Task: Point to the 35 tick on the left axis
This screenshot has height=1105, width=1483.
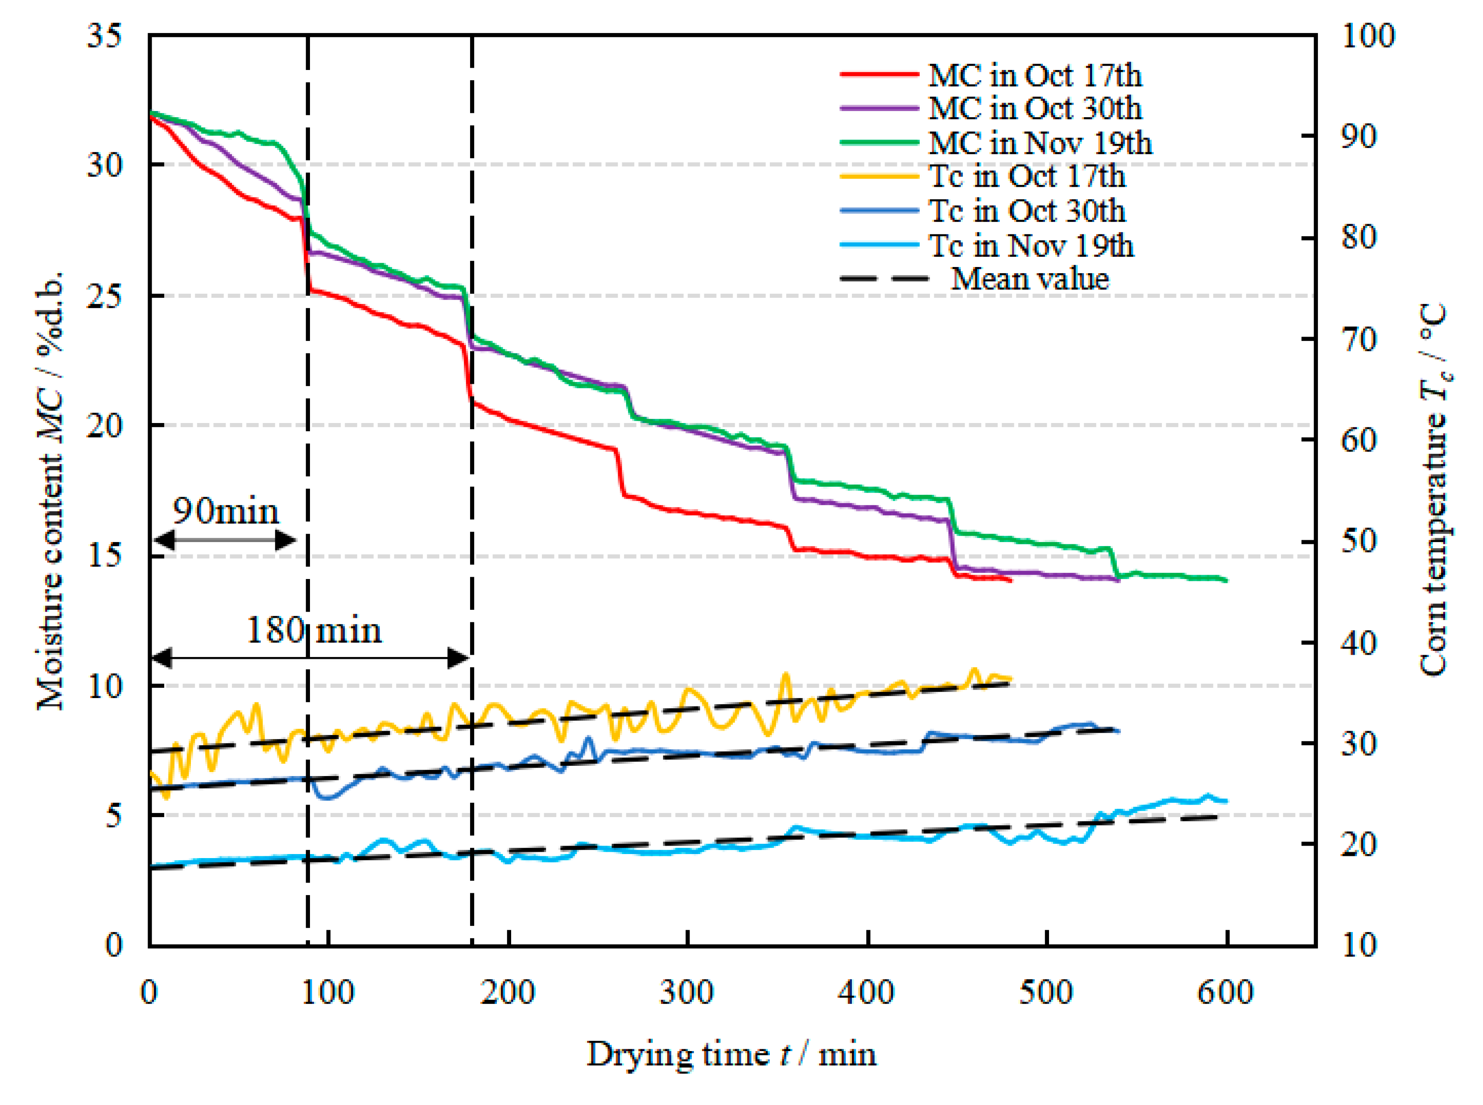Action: pyautogui.click(x=105, y=36)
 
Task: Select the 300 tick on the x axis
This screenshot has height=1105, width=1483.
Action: pyautogui.click(x=687, y=993)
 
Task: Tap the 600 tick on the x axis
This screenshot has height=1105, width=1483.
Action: pyautogui.click(x=1226, y=993)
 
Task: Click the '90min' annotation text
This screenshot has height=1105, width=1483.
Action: pyautogui.click(x=226, y=512)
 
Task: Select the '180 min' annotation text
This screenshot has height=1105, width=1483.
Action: pyautogui.click(x=314, y=630)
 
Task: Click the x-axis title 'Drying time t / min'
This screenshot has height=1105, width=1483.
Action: pyautogui.click(x=731, y=1055)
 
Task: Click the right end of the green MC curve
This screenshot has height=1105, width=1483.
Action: pyautogui.click(x=1227, y=581)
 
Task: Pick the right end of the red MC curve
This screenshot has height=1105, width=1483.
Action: pyautogui.click(x=1011, y=581)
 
